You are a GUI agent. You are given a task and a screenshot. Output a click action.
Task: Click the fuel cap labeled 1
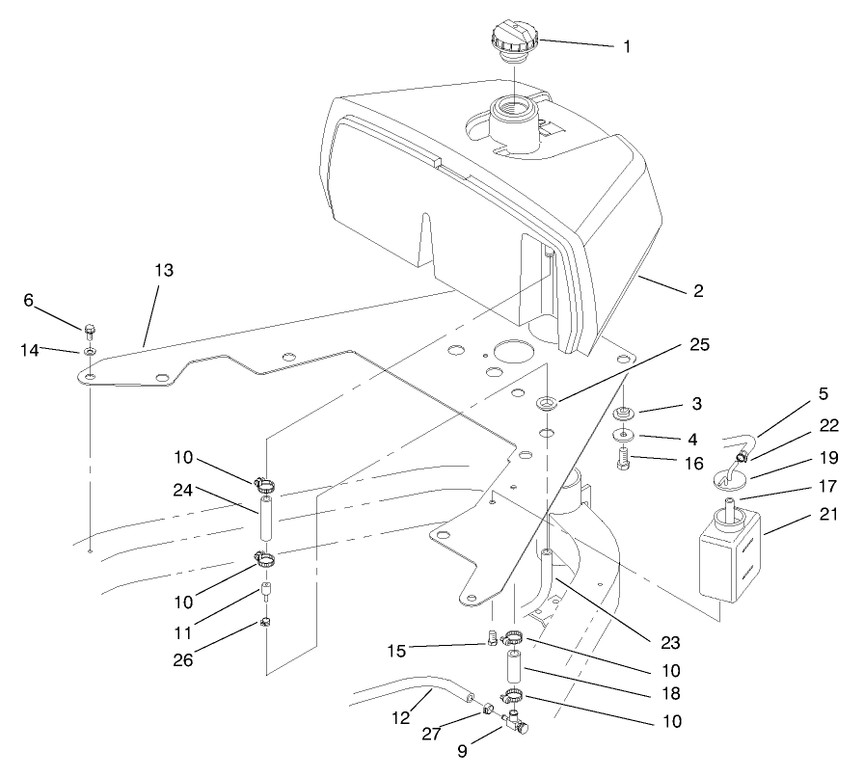[513, 43]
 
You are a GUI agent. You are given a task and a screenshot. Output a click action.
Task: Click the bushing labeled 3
[624, 415]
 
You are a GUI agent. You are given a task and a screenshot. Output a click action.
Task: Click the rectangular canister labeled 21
[729, 555]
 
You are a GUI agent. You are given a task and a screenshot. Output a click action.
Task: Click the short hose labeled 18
[511, 666]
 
